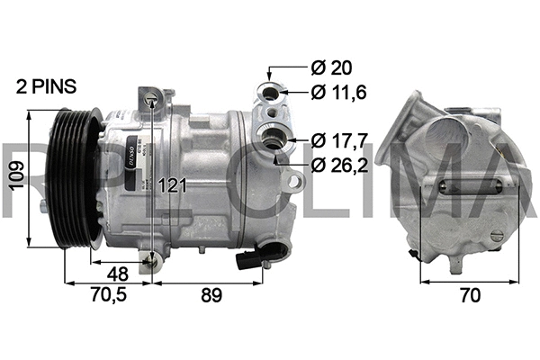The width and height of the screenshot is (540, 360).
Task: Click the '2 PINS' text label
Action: click(x=46, y=87)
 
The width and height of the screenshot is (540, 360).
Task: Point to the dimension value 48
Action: click(x=117, y=274)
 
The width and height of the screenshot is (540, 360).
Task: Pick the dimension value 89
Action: click(x=210, y=294)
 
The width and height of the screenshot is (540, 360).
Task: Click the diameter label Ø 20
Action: click(x=330, y=67)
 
